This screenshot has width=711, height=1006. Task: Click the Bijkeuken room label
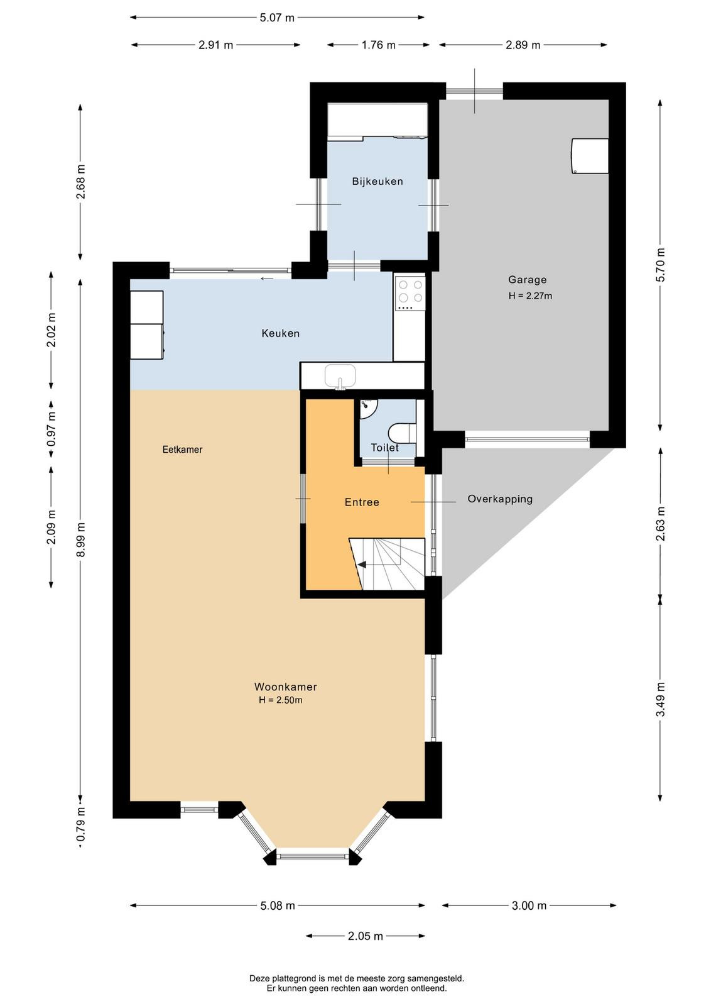coord(377,182)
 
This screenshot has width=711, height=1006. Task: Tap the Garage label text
coord(527,280)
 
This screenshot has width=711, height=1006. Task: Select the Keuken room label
coord(280,333)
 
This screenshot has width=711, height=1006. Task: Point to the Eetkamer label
coord(182,449)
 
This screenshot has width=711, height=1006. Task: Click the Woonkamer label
coord(286,687)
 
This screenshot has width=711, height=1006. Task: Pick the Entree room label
coord(362,502)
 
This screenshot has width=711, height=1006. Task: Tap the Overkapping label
coord(500,499)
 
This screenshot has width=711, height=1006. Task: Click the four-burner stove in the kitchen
coord(410,292)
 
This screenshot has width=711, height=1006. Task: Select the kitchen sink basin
coord(340,376)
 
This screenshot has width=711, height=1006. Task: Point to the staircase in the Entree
coord(387,563)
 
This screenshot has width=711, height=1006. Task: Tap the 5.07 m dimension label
coord(277,18)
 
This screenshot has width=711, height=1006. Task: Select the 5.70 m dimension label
coord(660,265)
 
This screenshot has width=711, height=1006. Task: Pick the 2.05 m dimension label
coord(366,936)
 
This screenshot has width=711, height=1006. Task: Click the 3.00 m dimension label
coord(529,905)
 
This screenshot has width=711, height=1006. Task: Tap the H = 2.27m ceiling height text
coord(530,296)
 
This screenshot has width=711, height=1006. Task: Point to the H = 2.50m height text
coord(280,700)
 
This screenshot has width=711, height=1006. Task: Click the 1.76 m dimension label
coord(379,45)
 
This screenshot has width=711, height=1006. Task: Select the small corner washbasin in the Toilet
coord(368,406)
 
